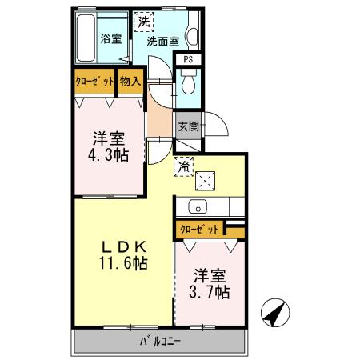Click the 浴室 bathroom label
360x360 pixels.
[110, 38]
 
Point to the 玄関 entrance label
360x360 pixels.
[187, 126]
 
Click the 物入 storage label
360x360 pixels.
[130, 81]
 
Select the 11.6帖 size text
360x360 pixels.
[122, 263]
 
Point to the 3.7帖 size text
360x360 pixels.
[210, 292]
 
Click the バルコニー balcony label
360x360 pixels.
[159, 342]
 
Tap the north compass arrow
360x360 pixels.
[272, 313]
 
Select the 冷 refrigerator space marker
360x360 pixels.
[183, 167]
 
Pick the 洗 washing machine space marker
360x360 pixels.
[143, 22]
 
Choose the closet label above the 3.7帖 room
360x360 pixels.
[199, 230]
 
